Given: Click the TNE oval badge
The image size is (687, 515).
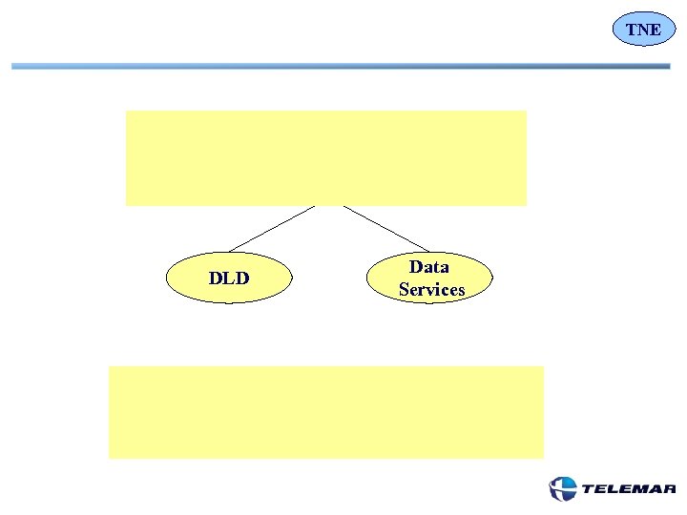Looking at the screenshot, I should [x=644, y=30].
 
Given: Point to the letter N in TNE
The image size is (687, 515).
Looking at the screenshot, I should [x=644, y=30].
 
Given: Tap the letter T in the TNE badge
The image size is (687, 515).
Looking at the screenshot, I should [x=632, y=30].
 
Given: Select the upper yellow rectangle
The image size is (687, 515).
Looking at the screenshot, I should [x=325, y=157].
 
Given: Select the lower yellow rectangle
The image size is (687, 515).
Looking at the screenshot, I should [x=325, y=412].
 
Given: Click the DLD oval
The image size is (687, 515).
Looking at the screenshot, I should [x=229, y=278].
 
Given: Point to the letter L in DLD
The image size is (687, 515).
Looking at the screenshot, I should [x=229, y=278].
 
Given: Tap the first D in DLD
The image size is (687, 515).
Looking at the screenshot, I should [x=216, y=278].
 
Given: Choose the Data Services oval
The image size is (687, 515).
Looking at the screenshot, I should [x=431, y=278].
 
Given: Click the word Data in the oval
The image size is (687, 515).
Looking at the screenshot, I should [x=429, y=267].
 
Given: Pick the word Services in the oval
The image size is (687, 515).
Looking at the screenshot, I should [x=432, y=289].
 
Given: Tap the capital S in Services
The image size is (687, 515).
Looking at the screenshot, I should [x=405, y=289].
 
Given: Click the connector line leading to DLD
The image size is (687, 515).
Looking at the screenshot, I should [x=271, y=228].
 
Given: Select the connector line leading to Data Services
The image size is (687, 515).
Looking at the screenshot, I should [x=386, y=228].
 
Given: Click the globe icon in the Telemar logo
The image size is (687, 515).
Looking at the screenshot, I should [x=563, y=489].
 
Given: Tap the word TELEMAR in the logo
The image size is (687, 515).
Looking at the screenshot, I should [x=628, y=490].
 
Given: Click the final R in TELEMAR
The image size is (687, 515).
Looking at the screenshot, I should [x=670, y=490].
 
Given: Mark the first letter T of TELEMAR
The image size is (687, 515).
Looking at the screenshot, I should [x=588, y=490].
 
